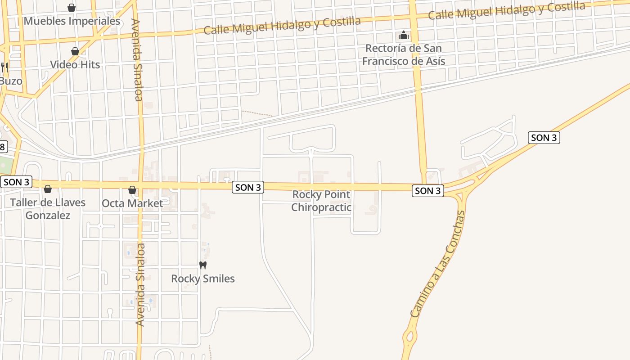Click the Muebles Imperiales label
coord(72,21)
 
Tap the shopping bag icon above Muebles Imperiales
coord(71,8)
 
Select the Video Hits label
coord(75,64)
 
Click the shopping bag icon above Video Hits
coord(75,51)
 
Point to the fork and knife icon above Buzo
coord(4,67)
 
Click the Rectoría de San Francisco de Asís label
coord(404,54)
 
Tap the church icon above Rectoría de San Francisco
coord(404,35)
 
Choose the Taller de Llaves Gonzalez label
coord(48,209)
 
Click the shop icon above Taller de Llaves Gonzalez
coord(48,189)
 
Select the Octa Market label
coord(132,203)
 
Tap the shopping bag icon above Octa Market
coord(132,190)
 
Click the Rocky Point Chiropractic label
coord(321,201)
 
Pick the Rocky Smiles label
coord(203,279)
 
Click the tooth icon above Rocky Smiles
coord(203,265)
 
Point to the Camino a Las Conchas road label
coord(437,264)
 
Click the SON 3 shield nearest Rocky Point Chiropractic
coord(248,188)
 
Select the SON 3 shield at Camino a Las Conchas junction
coord(427,191)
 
